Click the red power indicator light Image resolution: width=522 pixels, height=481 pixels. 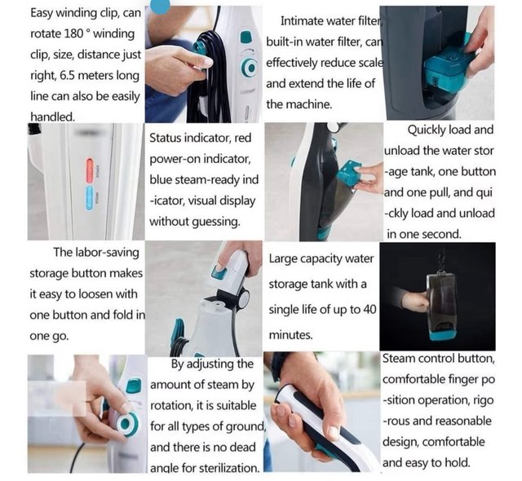coord(91,170)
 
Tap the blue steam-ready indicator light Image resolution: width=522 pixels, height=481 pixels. coord(90,197)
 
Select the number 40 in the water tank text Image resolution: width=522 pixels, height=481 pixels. coord(369,309)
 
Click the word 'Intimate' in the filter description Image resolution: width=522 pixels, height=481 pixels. coord(302,21)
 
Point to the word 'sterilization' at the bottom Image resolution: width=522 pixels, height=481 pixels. coord(229,468)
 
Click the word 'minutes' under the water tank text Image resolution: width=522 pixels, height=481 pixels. coord(290,335)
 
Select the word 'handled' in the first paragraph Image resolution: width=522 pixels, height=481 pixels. coord(52,117)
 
